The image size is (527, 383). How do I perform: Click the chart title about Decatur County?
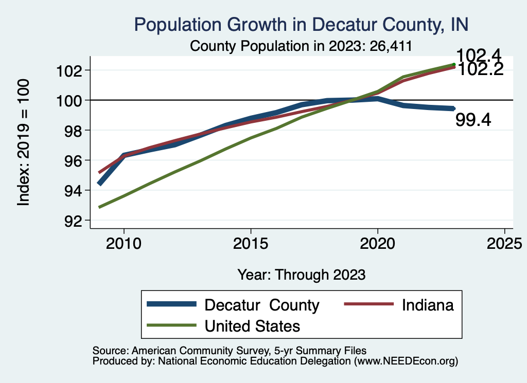tap(301, 25)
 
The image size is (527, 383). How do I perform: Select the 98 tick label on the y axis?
tap(74, 131)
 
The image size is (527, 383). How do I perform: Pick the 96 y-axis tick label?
tap(74, 160)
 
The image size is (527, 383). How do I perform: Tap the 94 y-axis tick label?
tap(74, 191)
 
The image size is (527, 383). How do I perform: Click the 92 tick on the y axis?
tap(74, 221)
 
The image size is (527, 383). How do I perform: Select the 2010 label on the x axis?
tap(124, 243)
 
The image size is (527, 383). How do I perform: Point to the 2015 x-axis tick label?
tap(251, 243)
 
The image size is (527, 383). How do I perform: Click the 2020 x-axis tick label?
tap(378, 243)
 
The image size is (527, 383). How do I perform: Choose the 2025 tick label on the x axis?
tap(504, 243)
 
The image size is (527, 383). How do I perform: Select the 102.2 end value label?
tap(480, 69)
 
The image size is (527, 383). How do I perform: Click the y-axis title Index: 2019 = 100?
tap(24, 142)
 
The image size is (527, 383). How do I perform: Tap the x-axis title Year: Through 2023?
tap(302, 275)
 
